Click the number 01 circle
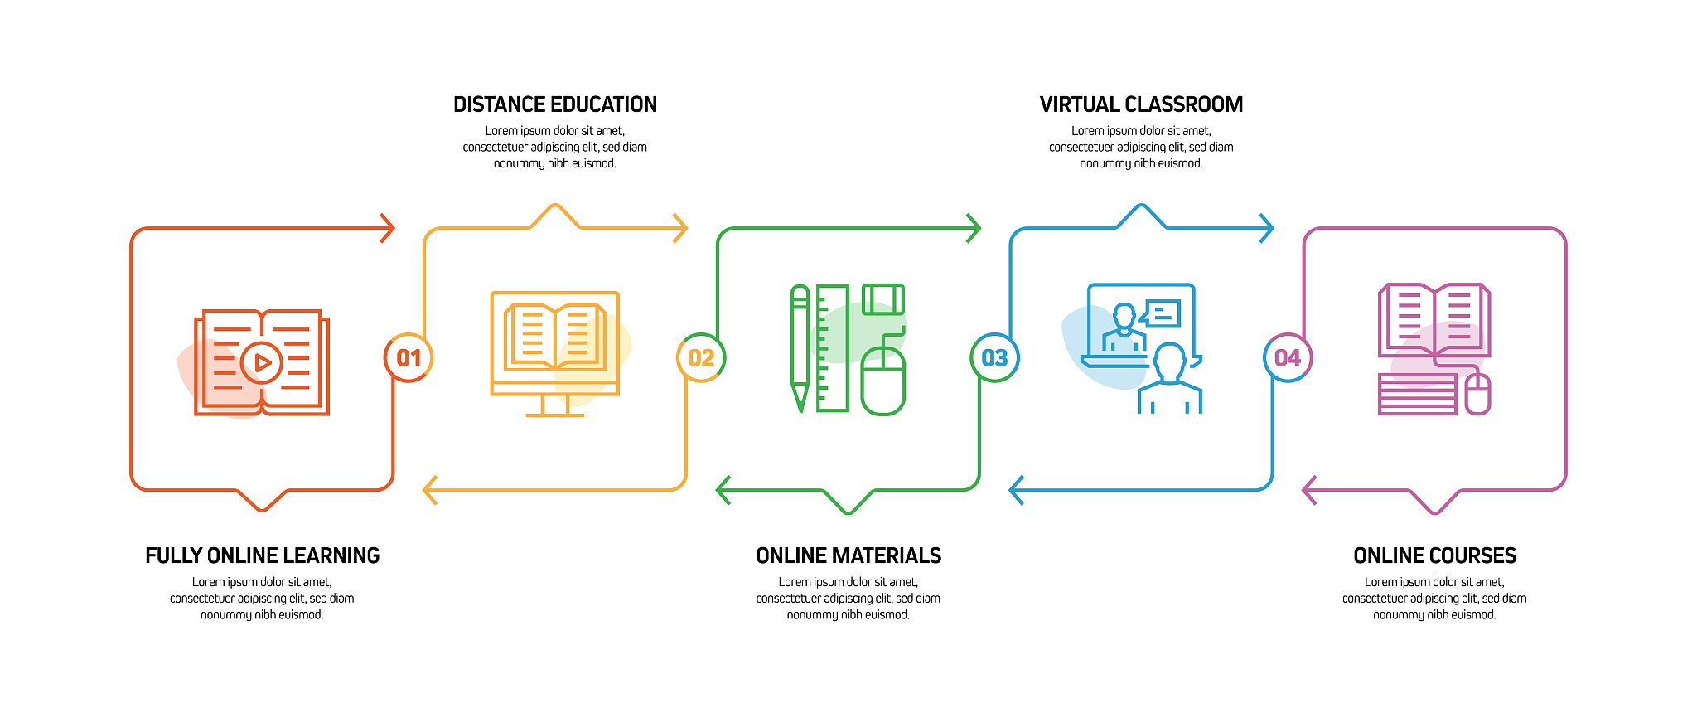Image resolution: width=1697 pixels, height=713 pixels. click(409, 358)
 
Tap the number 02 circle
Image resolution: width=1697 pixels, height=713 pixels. click(701, 358)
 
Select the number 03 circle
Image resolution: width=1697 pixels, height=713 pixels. click(994, 358)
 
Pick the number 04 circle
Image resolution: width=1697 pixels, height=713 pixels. click(1288, 358)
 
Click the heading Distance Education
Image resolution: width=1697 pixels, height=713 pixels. click(555, 104)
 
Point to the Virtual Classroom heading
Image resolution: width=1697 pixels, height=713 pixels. click(1141, 104)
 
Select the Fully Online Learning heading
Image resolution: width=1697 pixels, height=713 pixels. click(262, 555)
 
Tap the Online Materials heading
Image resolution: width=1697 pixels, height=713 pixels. click(848, 555)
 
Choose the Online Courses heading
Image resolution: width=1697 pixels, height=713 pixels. click(1434, 555)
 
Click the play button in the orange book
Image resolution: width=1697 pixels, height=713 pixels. click(262, 362)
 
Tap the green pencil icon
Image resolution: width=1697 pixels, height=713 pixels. click(800, 348)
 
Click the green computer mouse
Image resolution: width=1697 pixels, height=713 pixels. click(883, 381)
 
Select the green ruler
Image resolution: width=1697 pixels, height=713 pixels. click(833, 348)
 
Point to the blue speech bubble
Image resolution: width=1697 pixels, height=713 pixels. click(1160, 313)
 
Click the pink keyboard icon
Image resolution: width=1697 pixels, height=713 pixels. click(1418, 394)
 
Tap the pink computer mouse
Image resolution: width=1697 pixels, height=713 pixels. click(1478, 394)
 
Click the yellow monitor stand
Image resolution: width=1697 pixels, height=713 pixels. click(555, 405)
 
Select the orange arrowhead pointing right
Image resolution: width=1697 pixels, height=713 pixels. click(388, 228)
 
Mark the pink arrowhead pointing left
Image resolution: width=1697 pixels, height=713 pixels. click(1310, 490)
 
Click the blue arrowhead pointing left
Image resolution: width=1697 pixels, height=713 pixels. click(1017, 490)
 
